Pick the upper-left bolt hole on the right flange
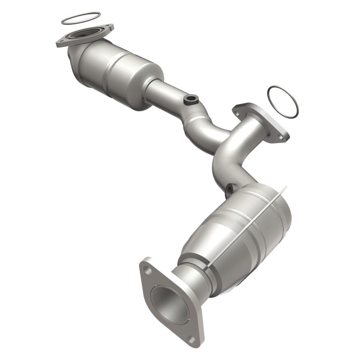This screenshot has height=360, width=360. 238,109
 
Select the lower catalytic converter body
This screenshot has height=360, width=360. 238,234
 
